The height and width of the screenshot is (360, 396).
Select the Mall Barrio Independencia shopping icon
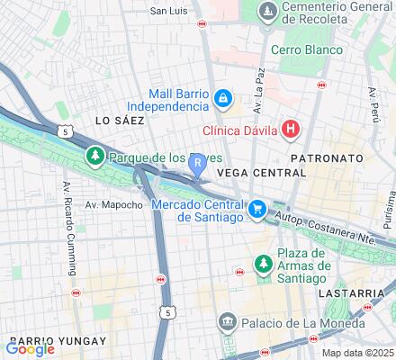click(222, 97)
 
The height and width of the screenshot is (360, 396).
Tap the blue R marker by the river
click(197, 161)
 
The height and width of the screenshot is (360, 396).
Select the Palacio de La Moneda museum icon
click(229, 321)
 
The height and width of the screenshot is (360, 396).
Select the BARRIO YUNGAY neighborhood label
click(67, 341)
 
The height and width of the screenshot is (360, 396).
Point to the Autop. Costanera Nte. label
click(337, 227)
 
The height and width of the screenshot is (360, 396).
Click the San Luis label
click(168, 11)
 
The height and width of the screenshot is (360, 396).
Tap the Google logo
click(30, 348)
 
